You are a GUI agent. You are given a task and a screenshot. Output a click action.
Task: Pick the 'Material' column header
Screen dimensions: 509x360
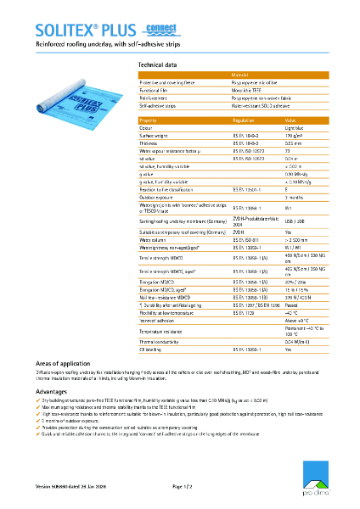[242, 76]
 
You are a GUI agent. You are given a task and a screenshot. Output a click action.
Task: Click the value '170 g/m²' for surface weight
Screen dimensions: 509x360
[294, 136]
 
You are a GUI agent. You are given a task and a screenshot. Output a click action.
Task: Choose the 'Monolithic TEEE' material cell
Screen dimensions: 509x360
[247, 90]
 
